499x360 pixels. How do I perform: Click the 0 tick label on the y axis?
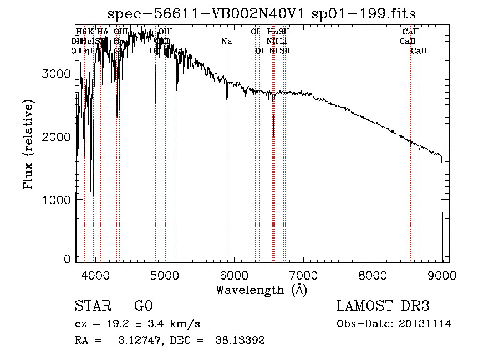(x=67, y=259)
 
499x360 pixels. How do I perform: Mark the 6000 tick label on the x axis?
(x=234, y=275)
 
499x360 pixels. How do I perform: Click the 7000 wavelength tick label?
(x=303, y=275)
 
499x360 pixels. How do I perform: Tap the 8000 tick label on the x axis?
(x=373, y=275)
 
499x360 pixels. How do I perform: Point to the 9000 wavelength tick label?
(x=442, y=275)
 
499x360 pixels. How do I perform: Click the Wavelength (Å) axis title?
(x=261, y=290)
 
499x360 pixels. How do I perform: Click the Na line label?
(x=226, y=41)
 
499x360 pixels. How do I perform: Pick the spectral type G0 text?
(x=143, y=307)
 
